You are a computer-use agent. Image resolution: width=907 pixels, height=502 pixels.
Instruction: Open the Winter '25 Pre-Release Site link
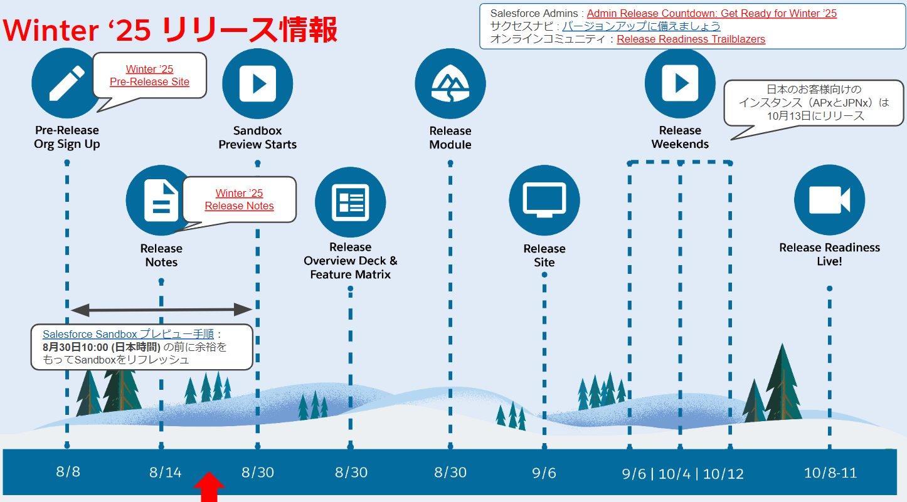coord(149,75)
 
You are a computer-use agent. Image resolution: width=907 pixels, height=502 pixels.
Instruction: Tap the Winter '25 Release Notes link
coord(239,199)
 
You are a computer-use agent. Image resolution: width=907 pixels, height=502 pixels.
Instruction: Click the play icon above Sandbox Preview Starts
coord(257,83)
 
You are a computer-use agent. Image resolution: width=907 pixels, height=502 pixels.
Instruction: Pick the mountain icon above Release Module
coord(450,83)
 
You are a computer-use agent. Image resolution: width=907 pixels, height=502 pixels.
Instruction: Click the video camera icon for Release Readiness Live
coord(829,200)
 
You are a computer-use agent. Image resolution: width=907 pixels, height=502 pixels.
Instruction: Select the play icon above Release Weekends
coord(680,83)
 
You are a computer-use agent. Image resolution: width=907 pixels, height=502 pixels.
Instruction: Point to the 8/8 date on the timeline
coord(68,471)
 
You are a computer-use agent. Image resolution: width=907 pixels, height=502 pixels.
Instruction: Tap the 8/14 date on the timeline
coord(166,472)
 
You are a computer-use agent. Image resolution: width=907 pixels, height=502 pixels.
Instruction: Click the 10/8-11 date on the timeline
coord(830,472)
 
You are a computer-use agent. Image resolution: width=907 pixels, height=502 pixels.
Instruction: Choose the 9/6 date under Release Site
coord(544,472)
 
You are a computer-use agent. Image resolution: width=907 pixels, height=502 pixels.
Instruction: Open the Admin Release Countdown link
coord(711,13)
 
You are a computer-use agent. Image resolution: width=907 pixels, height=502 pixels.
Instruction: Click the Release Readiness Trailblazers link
coord(691,39)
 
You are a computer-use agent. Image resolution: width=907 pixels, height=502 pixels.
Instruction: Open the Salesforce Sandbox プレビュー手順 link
coord(128,335)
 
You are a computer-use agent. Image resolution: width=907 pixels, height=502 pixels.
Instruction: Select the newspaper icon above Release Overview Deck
coord(350,202)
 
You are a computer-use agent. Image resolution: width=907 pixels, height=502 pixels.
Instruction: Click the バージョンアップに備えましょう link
coord(641,26)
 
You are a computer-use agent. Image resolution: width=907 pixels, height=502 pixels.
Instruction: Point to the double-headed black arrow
coord(162,308)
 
